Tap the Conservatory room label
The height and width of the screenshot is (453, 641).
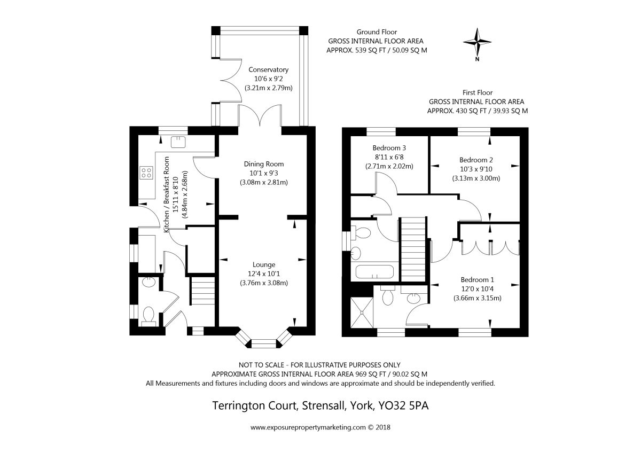pyautogui.click(x=268, y=69)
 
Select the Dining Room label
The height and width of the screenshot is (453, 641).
pyautogui.click(x=264, y=164)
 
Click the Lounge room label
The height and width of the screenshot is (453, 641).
pyautogui.click(x=264, y=264)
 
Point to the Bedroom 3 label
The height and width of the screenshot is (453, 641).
pyautogui.click(x=389, y=148)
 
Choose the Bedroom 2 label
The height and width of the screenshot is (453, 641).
pyautogui.click(x=476, y=160)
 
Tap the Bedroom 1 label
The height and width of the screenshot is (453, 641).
pyautogui.click(x=478, y=279)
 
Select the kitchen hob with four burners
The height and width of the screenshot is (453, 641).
pyautogui.click(x=146, y=172)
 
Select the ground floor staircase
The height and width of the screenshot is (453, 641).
pyautogui.click(x=202, y=292)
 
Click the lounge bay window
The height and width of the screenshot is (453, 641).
pyautogui.click(x=263, y=340)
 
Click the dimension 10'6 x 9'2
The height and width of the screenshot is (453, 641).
pyautogui.click(x=269, y=78)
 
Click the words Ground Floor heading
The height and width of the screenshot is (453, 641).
pyautogui.click(x=378, y=32)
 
